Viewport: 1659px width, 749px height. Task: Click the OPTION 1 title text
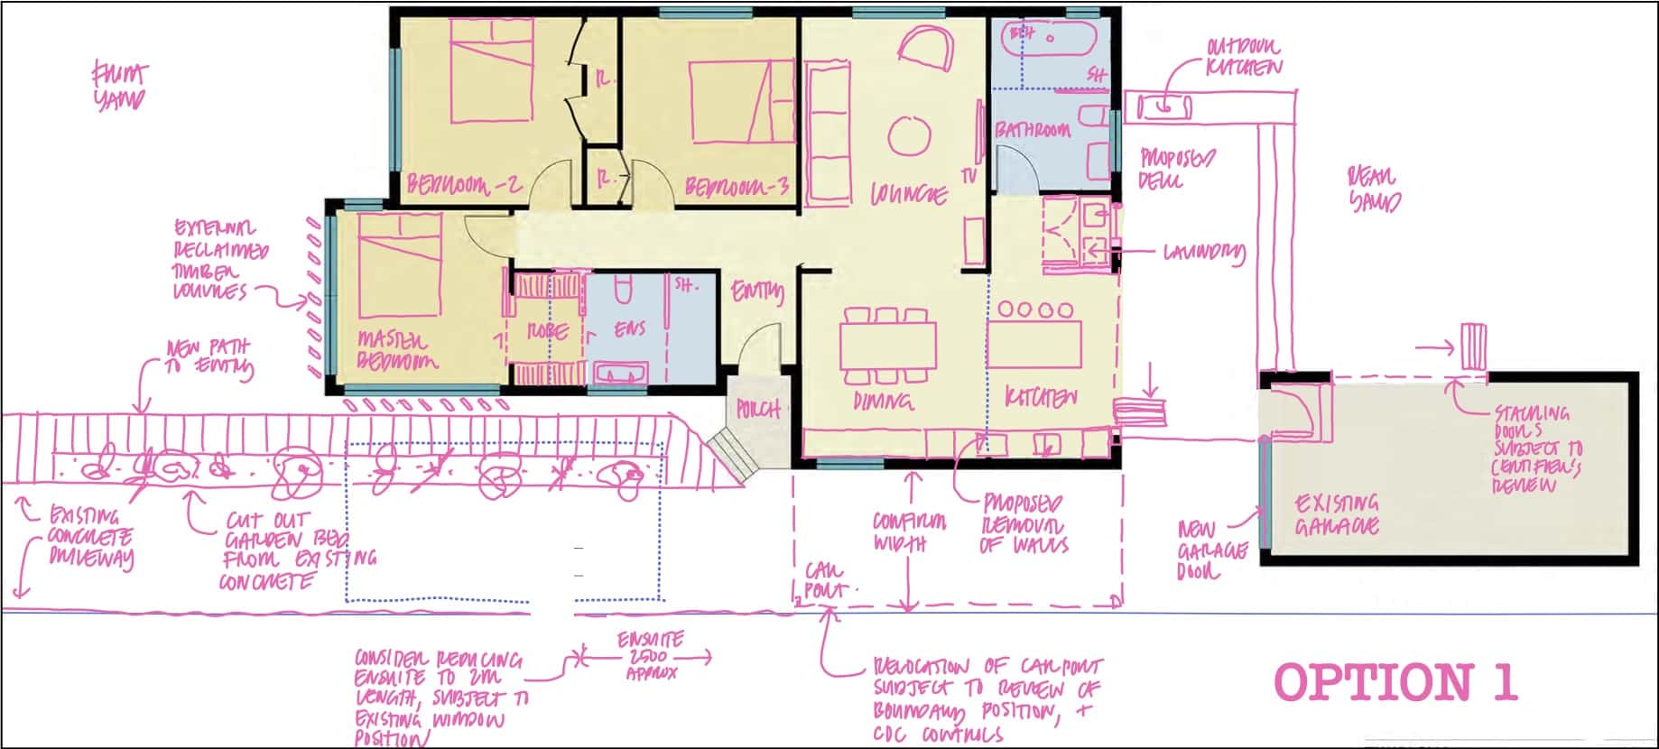1395,682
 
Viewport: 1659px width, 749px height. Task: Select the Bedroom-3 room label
737,187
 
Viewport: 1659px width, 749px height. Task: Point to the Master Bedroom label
397,350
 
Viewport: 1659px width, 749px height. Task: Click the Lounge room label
909,194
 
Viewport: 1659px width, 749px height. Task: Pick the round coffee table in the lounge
909,136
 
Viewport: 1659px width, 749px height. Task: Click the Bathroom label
1033,130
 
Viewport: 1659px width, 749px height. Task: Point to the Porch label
757,410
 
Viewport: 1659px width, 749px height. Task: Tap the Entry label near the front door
756,291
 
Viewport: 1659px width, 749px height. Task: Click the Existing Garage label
1337,514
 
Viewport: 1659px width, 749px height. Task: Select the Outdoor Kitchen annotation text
1243,57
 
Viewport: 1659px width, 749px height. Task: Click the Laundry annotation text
1204,252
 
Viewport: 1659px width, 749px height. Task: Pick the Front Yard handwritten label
119,86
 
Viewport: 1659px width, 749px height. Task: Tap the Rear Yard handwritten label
1374,188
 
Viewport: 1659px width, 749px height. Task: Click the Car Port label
825,581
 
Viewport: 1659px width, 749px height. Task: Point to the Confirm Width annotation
909,532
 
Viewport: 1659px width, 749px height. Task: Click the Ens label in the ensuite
629,329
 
